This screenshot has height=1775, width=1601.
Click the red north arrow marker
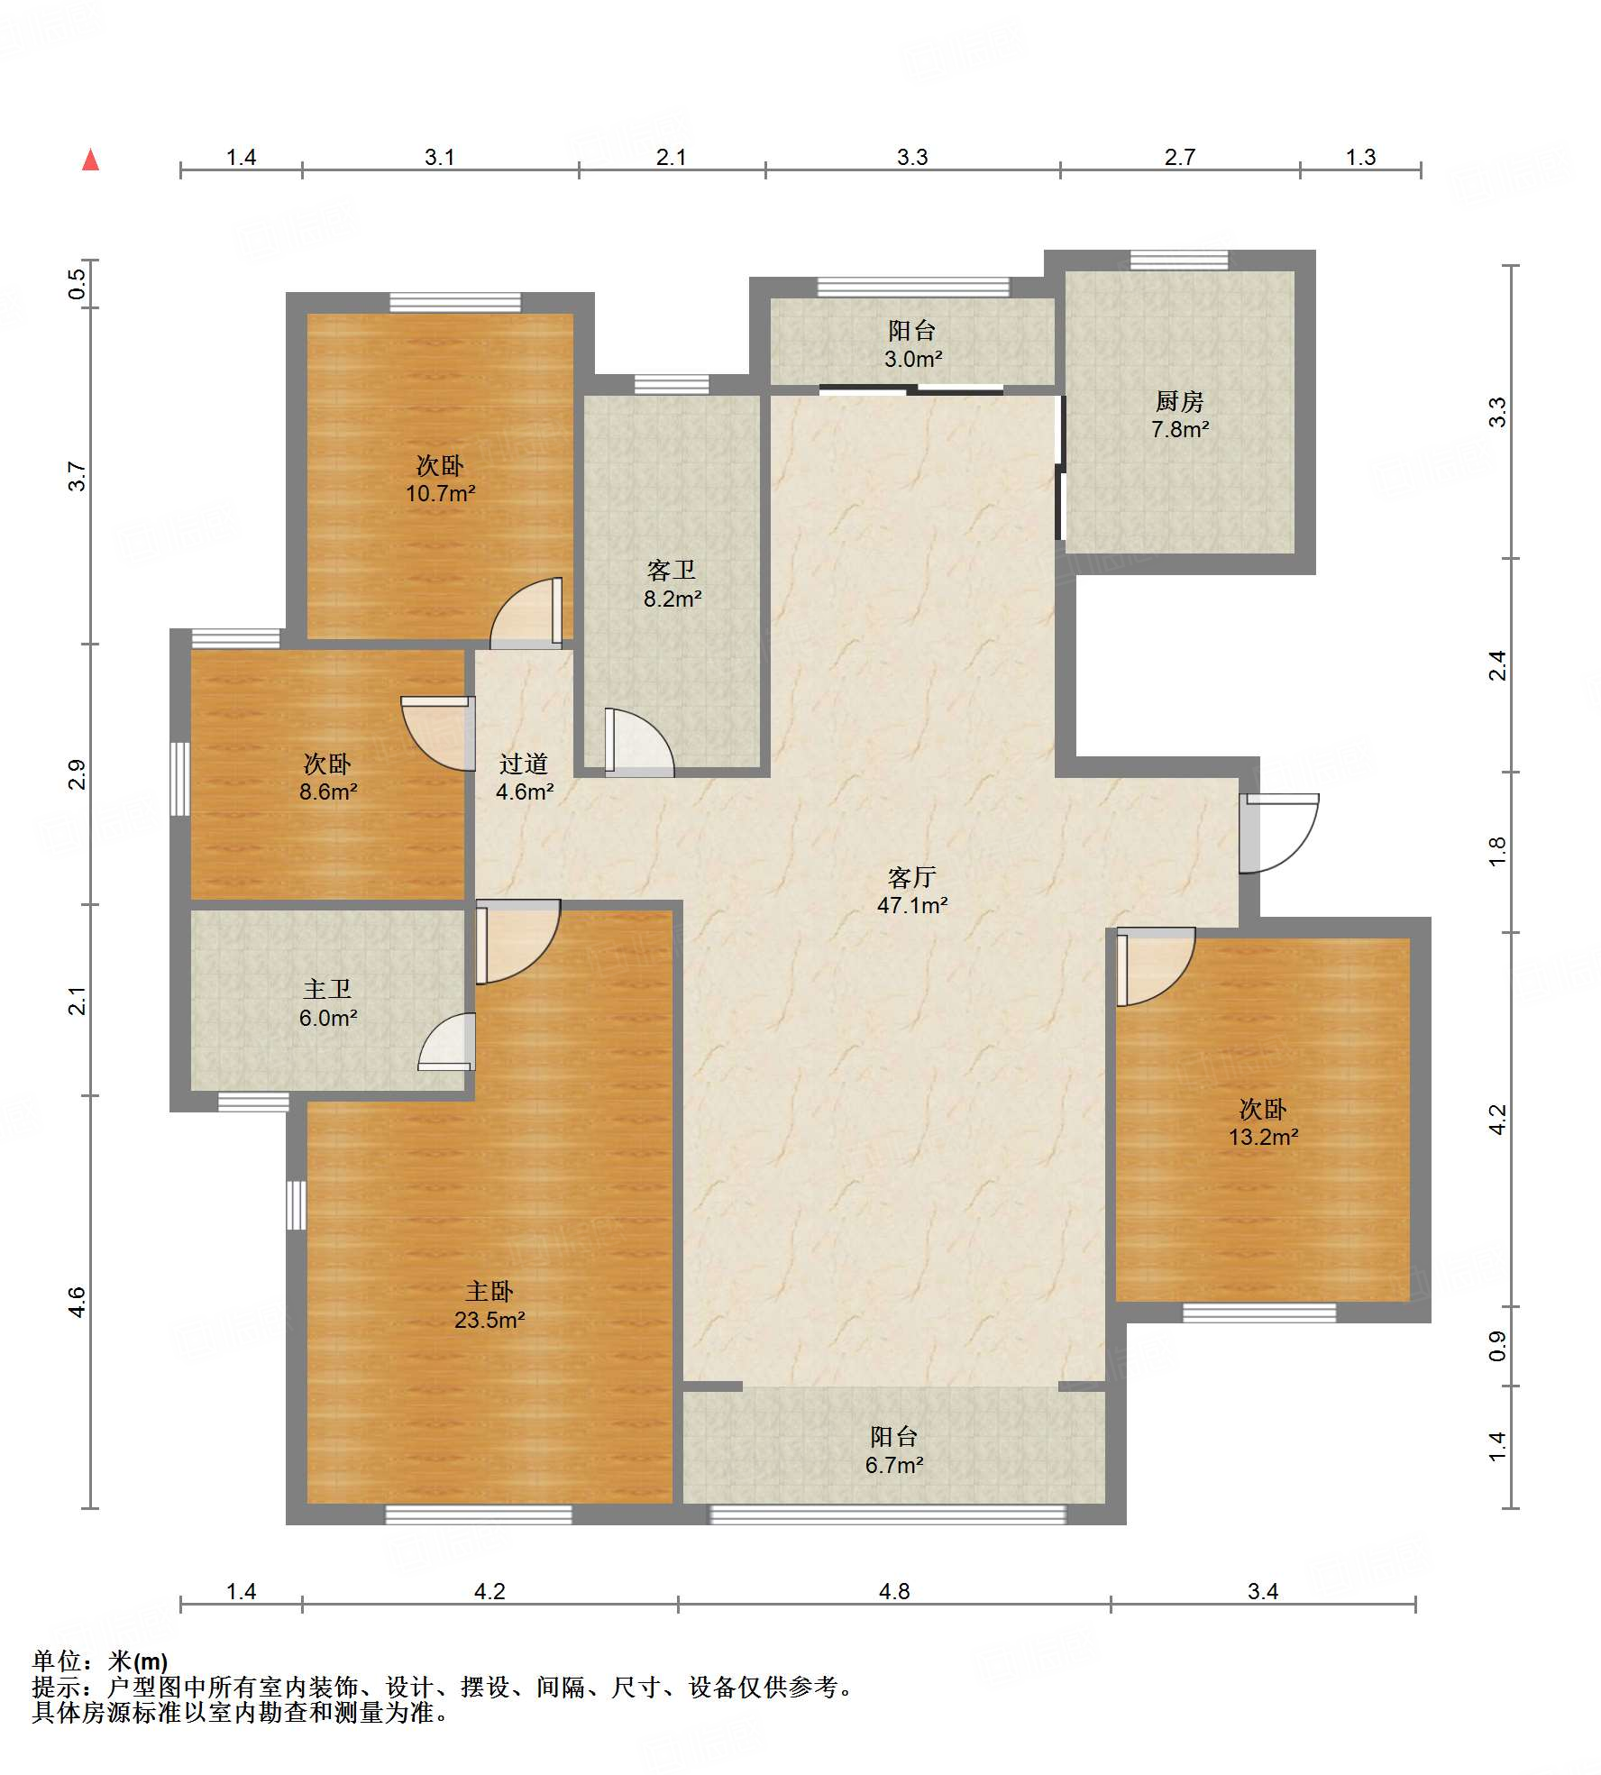(90, 160)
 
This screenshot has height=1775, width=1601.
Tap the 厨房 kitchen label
(1179, 401)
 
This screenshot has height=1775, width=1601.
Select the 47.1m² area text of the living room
(912, 905)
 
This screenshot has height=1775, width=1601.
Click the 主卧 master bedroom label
(489, 1291)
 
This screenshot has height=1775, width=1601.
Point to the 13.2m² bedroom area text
(1263, 1137)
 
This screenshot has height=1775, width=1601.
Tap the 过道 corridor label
(524, 764)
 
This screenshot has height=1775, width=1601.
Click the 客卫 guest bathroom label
(672, 570)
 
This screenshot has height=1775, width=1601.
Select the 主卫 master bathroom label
(327, 989)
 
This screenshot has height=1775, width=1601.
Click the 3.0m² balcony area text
(913, 359)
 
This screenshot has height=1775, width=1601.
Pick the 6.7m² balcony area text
(894, 1465)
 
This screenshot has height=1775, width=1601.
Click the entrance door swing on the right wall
(1280, 833)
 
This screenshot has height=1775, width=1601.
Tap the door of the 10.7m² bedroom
(527, 613)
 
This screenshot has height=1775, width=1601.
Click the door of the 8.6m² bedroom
(438, 733)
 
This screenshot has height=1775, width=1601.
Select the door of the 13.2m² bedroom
(1156, 966)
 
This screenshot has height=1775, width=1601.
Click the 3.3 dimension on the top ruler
(912, 157)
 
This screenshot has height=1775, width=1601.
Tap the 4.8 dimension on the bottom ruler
(894, 1591)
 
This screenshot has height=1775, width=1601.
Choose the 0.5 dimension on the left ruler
(78, 284)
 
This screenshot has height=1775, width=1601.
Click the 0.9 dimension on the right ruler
(1497, 1346)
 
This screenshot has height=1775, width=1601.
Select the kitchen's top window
(1179, 261)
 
